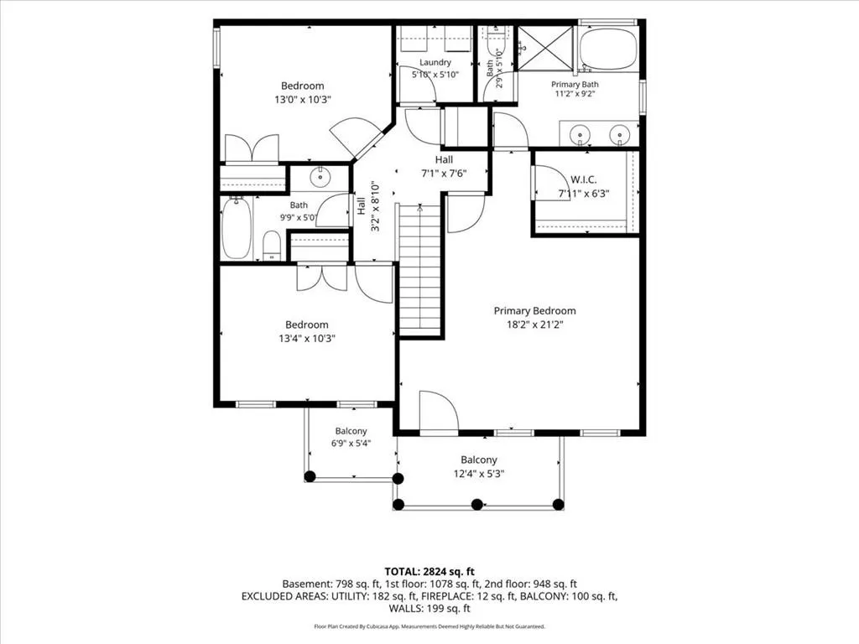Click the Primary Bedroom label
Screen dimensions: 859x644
(x=534, y=311)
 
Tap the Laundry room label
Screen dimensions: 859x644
(x=435, y=62)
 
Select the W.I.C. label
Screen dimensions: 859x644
(x=584, y=179)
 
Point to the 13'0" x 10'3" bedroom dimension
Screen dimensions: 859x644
(x=303, y=100)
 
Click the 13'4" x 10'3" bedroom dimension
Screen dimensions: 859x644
(x=307, y=339)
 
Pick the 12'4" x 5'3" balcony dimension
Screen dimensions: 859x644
(x=479, y=474)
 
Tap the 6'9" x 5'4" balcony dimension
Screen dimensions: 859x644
(x=351, y=443)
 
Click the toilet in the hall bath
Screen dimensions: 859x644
(x=272, y=246)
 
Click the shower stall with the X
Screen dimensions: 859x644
(x=545, y=48)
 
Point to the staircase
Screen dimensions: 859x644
(x=420, y=269)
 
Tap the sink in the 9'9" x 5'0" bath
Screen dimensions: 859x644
(x=319, y=177)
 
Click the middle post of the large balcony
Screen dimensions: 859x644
(x=477, y=504)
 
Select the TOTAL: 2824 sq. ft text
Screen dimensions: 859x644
(x=429, y=572)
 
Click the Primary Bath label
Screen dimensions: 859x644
(x=575, y=85)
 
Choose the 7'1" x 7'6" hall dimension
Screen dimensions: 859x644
(x=444, y=174)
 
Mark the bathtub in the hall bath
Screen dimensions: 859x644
(x=237, y=228)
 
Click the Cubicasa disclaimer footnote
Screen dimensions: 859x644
(x=429, y=626)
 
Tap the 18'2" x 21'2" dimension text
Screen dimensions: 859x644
(x=534, y=325)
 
